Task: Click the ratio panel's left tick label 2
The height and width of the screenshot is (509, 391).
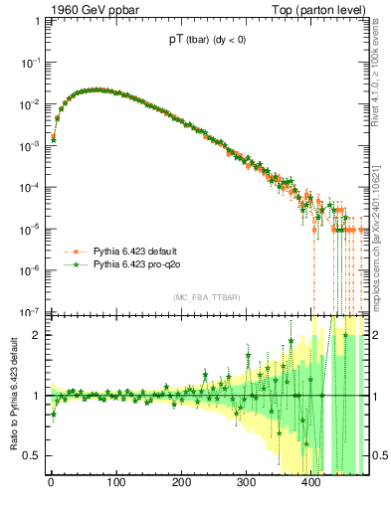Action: tap(36, 335)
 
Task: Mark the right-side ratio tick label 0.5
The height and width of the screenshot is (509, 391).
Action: tap(378, 455)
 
